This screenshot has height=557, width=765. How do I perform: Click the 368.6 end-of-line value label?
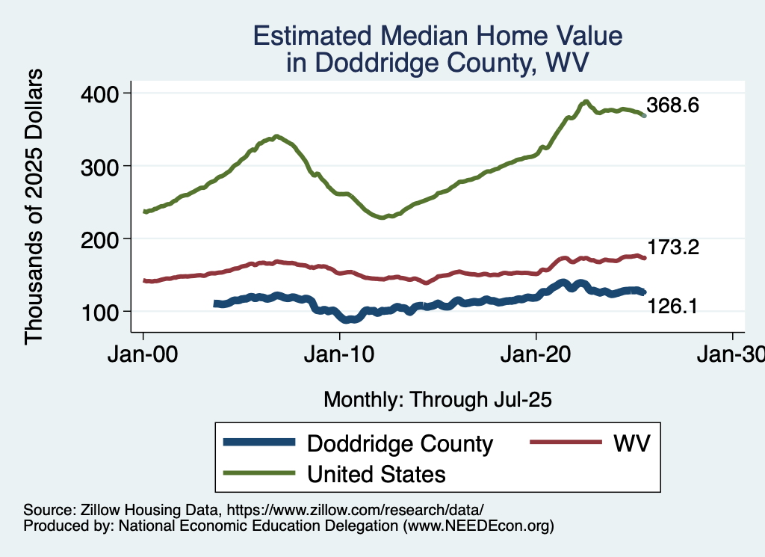click(x=673, y=105)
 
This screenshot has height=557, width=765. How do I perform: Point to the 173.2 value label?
click(x=673, y=247)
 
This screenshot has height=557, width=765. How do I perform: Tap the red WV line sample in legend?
click(x=566, y=442)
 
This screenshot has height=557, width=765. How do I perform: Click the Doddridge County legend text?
click(x=400, y=443)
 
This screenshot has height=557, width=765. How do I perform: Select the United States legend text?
click(x=377, y=474)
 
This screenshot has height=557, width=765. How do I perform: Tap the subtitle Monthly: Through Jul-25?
click(x=438, y=400)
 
